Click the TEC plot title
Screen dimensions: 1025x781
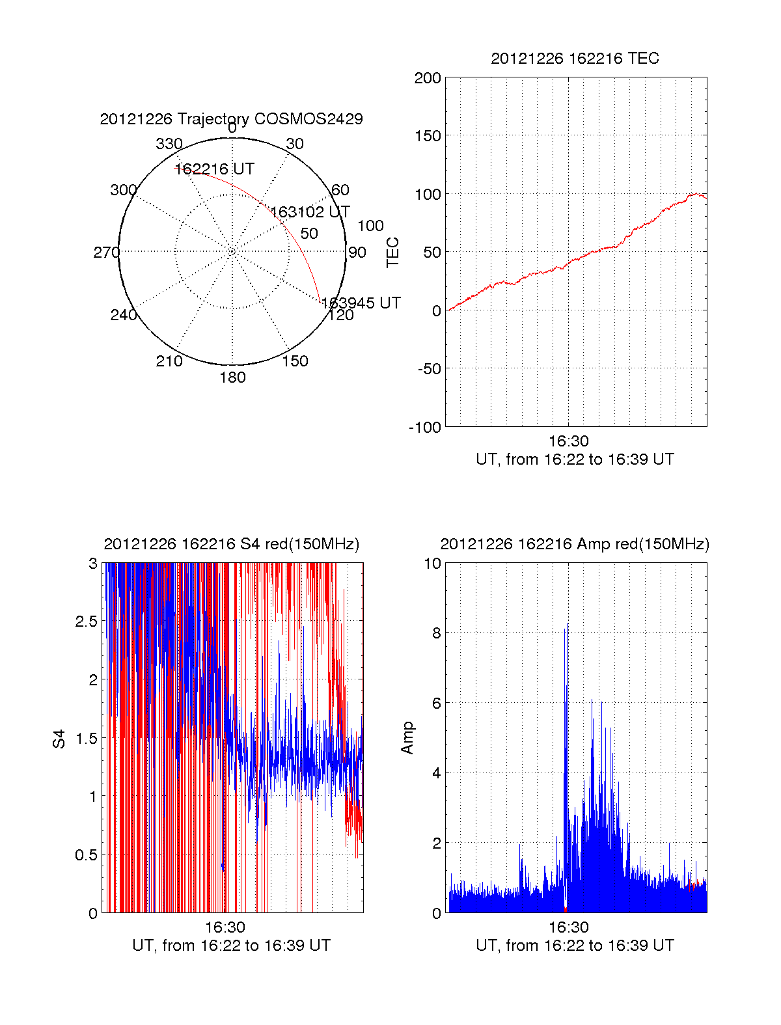coord(575,59)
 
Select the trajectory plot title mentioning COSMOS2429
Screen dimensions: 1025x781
coord(231,119)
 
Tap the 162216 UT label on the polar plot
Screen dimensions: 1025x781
coord(214,169)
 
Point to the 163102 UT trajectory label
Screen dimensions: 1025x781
coord(310,212)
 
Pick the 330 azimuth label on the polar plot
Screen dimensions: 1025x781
coord(169,144)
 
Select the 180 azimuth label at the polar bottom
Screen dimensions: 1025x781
coord(232,377)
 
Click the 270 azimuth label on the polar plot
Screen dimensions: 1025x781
coord(106,253)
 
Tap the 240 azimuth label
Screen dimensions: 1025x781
coord(123,315)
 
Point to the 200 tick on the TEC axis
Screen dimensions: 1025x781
coord(428,78)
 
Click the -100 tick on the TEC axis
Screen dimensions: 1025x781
coord(425,428)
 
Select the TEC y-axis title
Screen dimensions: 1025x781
coord(393,253)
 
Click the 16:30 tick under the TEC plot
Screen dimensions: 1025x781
coord(568,441)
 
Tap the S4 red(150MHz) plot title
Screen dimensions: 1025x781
coord(231,544)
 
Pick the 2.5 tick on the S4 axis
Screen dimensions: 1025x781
coord(86,622)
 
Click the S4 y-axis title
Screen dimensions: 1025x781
coord(59,739)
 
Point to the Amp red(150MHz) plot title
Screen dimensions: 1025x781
coord(575,544)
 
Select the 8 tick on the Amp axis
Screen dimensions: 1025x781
coord(435,633)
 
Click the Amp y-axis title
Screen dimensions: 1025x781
coord(407,738)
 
